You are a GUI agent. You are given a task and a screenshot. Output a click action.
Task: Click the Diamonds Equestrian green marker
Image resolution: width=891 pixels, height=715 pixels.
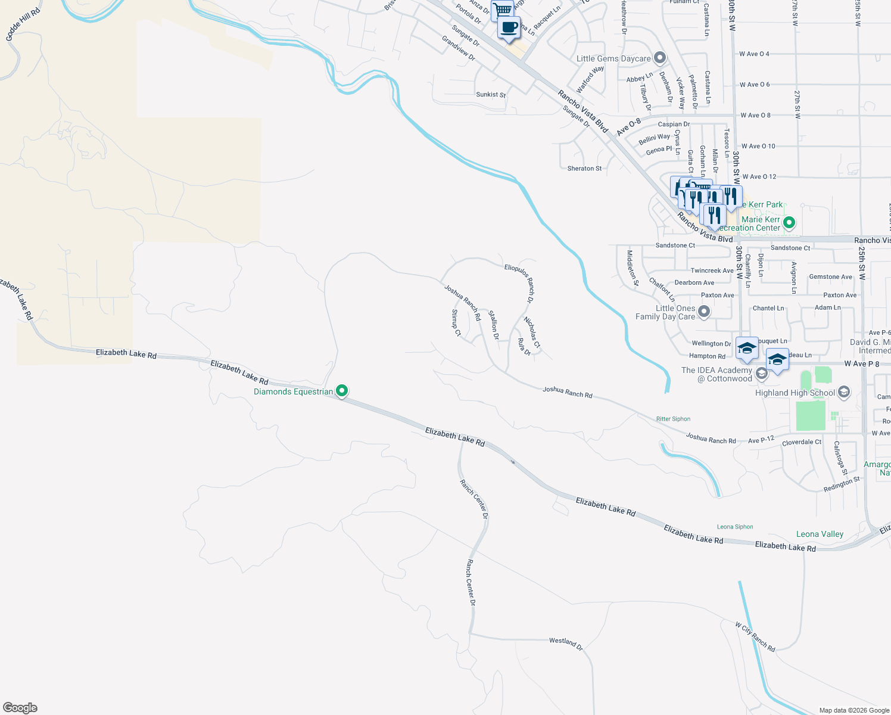pyautogui.click(x=342, y=391)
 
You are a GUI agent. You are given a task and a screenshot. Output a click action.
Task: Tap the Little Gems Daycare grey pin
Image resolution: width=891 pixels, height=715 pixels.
pyautogui.click(x=659, y=58)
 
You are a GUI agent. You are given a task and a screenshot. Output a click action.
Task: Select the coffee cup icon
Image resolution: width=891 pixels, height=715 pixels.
pyautogui.click(x=509, y=27)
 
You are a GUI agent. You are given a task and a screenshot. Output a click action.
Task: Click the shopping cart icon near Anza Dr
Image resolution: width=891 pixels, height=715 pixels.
pyautogui.click(x=502, y=10)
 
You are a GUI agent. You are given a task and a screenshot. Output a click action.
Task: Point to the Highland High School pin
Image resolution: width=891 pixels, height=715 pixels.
pyautogui.click(x=843, y=392)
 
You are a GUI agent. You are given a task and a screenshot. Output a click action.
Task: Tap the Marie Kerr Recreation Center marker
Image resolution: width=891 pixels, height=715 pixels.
pyautogui.click(x=789, y=223)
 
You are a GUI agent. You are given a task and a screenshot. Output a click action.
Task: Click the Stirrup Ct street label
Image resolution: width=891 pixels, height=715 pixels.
pyautogui.click(x=456, y=322)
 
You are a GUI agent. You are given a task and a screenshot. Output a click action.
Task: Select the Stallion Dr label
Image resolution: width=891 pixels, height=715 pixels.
pyautogui.click(x=494, y=325)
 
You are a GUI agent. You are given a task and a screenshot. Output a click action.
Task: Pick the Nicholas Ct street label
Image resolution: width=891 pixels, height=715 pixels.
pyautogui.click(x=532, y=332)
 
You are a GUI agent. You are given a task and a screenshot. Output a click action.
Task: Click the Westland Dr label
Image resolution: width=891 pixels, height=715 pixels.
pyautogui.click(x=566, y=643)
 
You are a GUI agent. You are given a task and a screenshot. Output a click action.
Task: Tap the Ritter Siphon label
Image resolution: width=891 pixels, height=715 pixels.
pyautogui.click(x=673, y=419)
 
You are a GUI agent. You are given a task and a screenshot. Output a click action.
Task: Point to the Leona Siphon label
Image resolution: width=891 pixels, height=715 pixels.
pyautogui.click(x=735, y=527)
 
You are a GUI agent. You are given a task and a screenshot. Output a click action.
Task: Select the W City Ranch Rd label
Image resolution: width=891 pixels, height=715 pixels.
pyautogui.click(x=755, y=637)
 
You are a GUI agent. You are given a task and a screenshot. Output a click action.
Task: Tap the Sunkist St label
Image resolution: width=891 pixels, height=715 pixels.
pyautogui.click(x=491, y=95)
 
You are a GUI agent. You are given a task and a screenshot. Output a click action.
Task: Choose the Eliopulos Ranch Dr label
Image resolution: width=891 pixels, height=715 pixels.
pyautogui.click(x=519, y=283)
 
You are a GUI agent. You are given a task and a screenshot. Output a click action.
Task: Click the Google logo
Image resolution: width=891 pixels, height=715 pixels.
pyautogui.click(x=20, y=708)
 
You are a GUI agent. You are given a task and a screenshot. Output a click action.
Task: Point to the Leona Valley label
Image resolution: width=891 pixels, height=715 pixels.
pyautogui.click(x=820, y=534)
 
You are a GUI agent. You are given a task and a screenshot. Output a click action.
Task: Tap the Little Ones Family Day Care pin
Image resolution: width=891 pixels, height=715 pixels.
pyautogui.click(x=704, y=312)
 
